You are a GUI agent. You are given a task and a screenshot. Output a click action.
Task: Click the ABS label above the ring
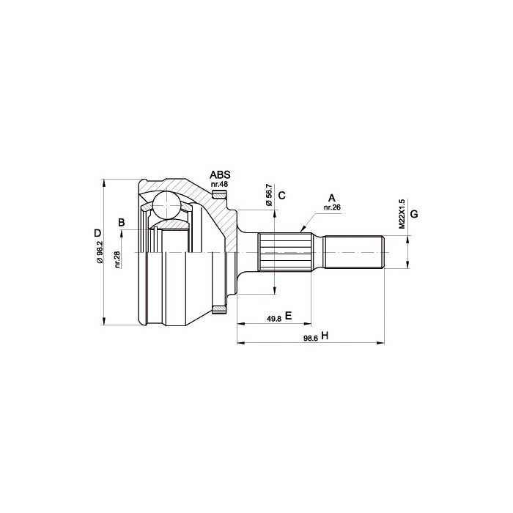[x=220, y=174]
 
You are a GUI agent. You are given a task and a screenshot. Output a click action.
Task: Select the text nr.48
[x=219, y=184]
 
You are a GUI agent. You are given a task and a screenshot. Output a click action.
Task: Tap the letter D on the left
[x=97, y=233]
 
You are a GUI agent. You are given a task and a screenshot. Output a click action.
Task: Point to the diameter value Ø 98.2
[x=100, y=252]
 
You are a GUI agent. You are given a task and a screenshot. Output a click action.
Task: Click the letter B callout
[x=122, y=223]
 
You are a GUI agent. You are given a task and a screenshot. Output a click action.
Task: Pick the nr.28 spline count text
[x=118, y=259]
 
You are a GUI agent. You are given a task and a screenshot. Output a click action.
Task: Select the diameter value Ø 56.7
[x=269, y=195]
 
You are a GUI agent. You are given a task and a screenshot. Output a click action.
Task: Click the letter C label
[x=281, y=196]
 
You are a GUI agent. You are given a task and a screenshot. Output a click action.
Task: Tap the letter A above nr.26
[x=332, y=199]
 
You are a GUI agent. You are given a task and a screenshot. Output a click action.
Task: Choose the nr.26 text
[x=332, y=207]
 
